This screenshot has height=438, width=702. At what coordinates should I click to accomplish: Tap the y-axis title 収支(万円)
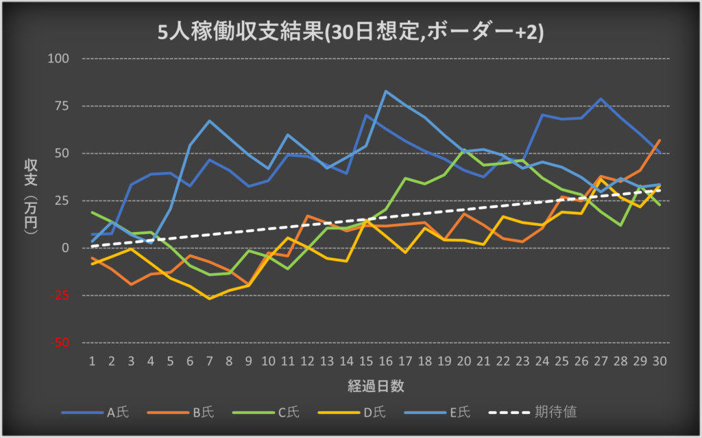(31, 199)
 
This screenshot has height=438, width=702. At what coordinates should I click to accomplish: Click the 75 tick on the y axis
(62, 106)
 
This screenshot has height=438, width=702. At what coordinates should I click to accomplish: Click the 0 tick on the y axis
(66, 248)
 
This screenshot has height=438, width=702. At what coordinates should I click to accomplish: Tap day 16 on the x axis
(387, 360)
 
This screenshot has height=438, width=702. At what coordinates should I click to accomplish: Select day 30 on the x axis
(660, 360)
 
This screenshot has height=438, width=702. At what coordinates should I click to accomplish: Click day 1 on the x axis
(92, 360)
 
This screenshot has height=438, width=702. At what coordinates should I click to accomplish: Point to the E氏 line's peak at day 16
(387, 91)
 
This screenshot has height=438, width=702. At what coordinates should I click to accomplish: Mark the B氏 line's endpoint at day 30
(660, 140)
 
